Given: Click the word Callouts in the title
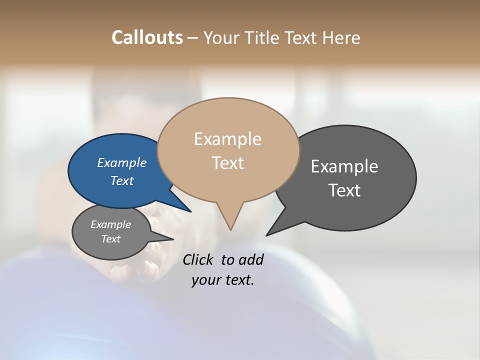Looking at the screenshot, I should [147, 37].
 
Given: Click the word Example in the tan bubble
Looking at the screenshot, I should [227, 139].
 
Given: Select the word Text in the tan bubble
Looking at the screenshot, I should [227, 163].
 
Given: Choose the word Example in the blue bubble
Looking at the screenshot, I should [121, 162].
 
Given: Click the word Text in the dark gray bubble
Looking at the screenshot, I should [344, 190].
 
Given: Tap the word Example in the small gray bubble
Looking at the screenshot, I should [110, 224].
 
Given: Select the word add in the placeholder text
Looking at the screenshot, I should [251, 259].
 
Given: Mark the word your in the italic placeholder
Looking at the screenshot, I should [206, 280].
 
